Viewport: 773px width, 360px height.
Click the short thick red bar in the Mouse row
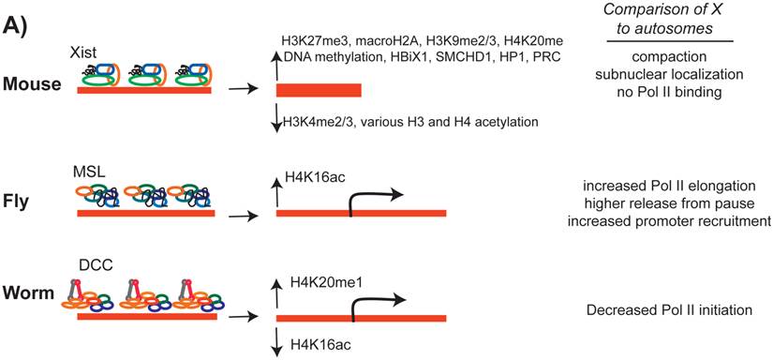tap(319, 90)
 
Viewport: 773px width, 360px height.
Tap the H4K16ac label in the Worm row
tap(313, 346)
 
